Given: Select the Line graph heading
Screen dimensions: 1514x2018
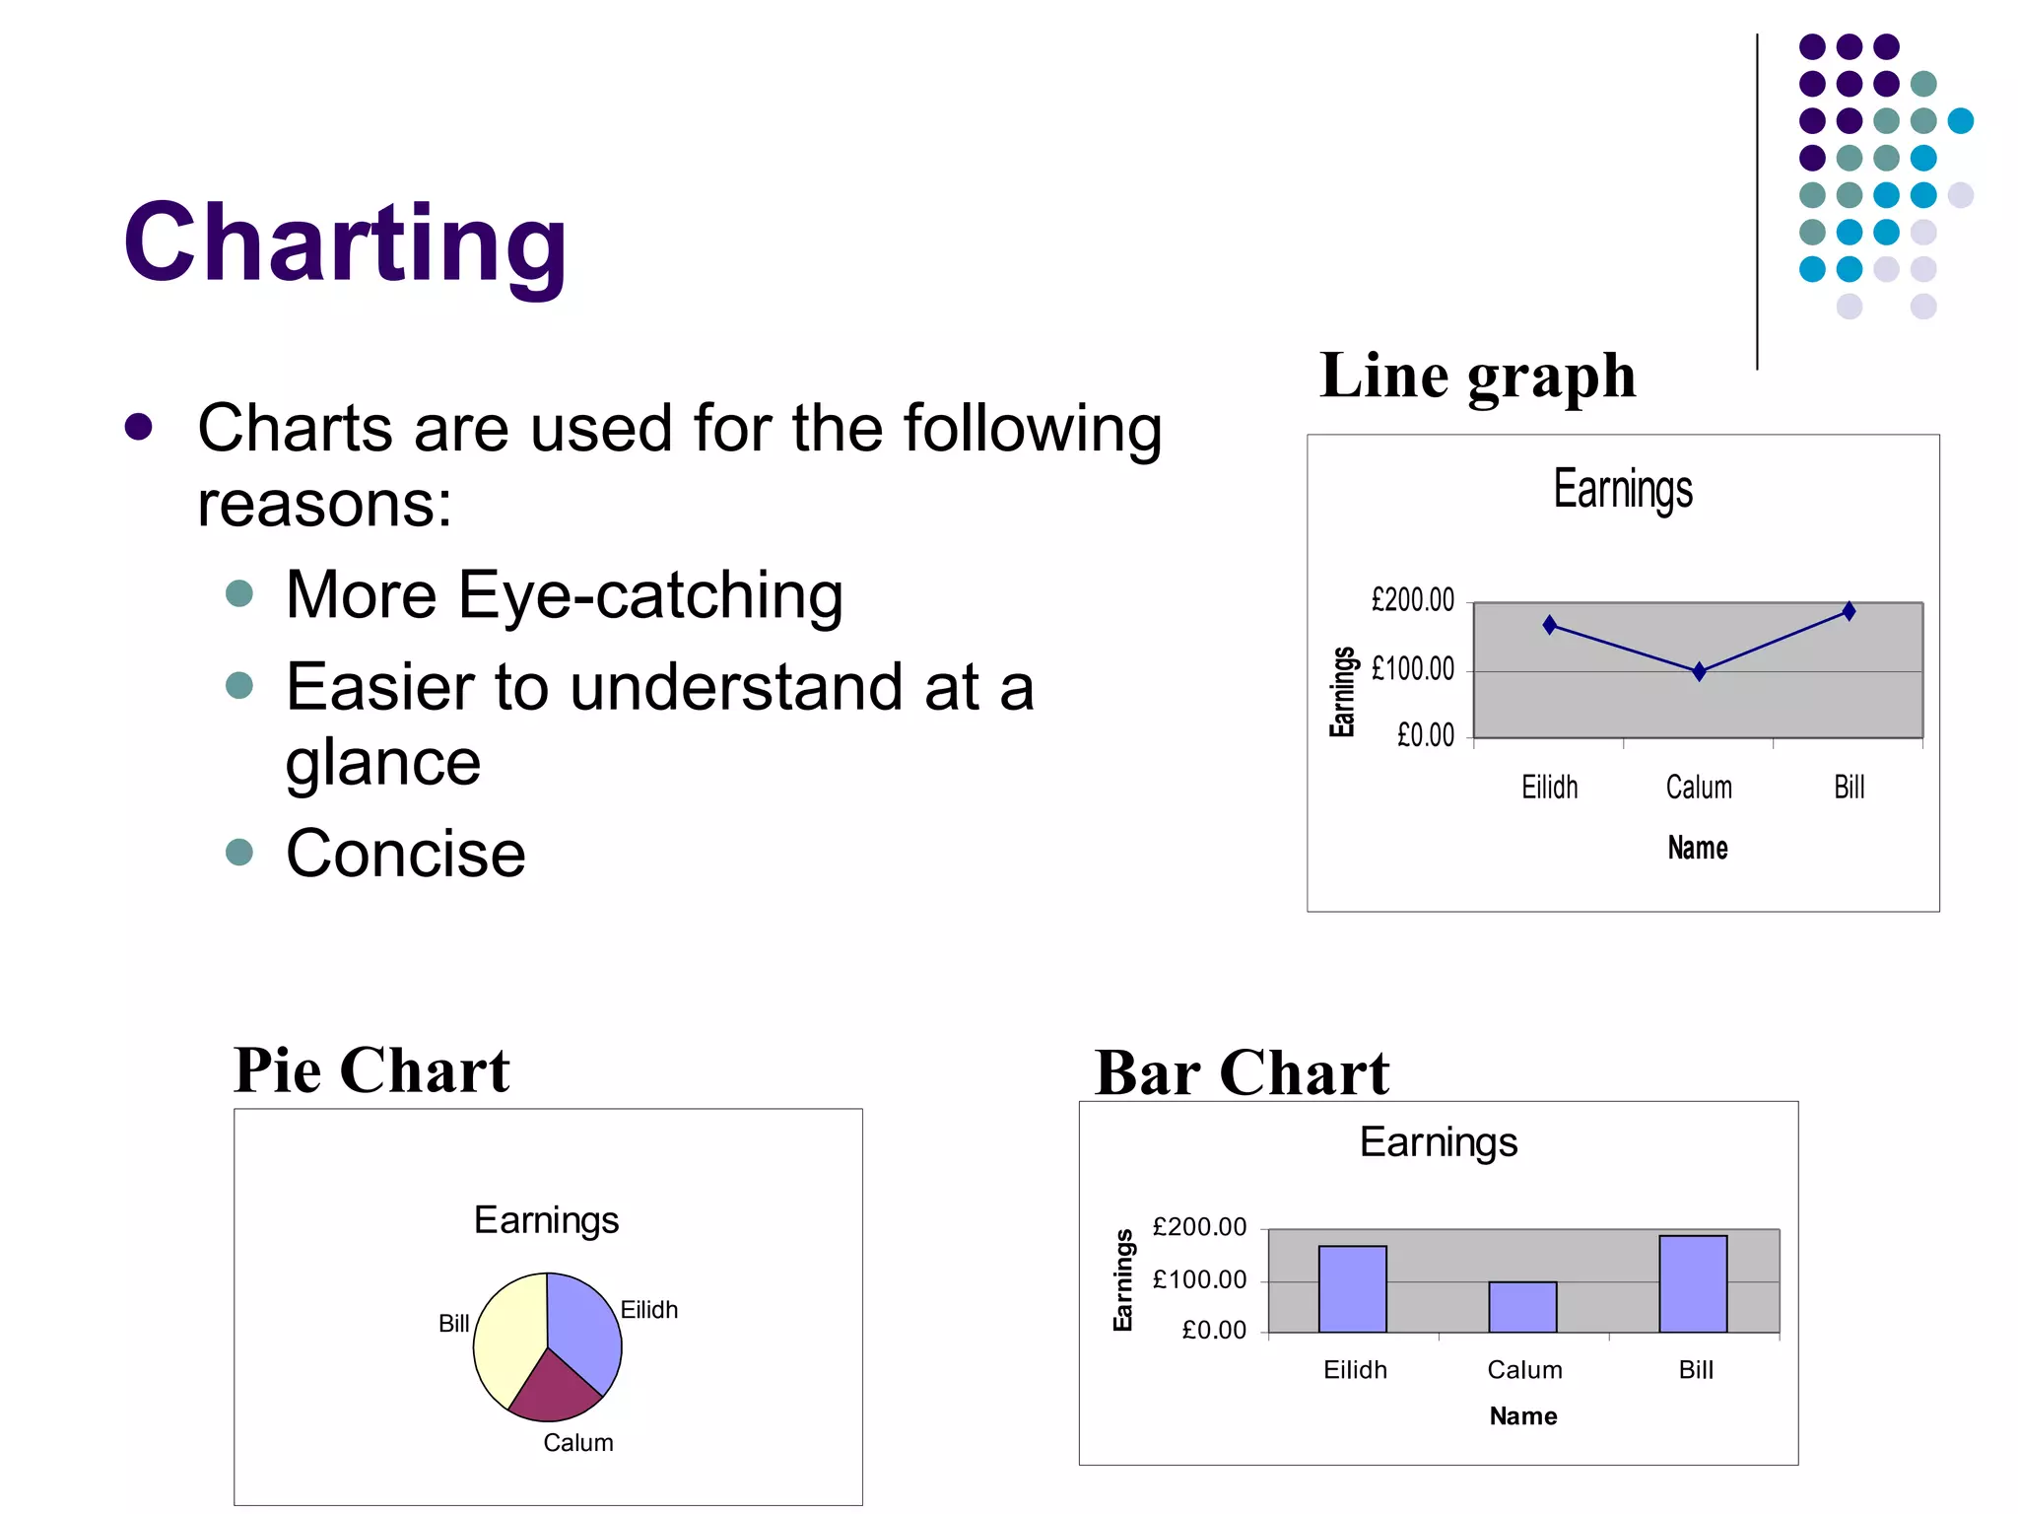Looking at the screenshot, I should (1477, 377).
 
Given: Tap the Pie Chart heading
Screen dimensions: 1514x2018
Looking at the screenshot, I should (371, 1070).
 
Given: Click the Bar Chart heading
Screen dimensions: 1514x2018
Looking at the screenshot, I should (1242, 1073).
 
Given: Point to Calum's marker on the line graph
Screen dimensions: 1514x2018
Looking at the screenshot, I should (1699, 672).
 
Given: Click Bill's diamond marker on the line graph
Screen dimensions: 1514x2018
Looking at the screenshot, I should (1849, 611).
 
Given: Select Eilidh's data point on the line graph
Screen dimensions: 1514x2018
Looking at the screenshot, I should (1549, 625).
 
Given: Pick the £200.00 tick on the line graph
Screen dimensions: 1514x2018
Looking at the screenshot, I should (1412, 600).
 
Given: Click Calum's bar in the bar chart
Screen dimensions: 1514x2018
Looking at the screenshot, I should (1522, 1307).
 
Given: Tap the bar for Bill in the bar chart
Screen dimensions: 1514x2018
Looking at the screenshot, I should (1693, 1283).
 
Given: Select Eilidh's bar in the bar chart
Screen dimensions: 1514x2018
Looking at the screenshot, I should (1352, 1289).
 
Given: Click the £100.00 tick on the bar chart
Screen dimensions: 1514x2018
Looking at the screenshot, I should (1198, 1280).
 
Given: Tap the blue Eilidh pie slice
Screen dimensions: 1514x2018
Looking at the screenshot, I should (585, 1327).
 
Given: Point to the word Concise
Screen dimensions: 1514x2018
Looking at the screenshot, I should (405, 854).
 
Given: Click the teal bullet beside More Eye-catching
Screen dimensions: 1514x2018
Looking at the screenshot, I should (239, 594).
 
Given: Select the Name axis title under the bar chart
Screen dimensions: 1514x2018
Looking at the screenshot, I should (1522, 1416).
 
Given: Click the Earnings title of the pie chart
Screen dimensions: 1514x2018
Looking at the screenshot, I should (546, 1221).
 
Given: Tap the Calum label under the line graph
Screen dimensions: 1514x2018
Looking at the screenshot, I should (1698, 788).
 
